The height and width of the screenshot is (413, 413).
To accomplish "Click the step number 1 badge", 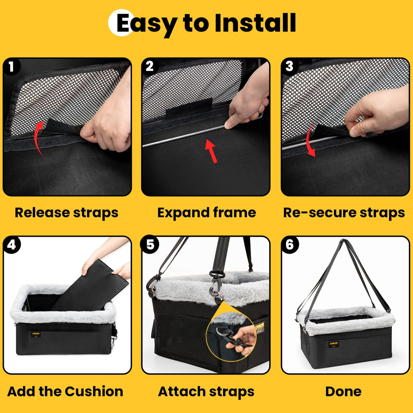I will [x=12, y=66].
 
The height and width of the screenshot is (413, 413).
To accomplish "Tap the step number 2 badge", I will [x=150, y=66].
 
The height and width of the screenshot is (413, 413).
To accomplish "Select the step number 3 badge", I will [x=289, y=66].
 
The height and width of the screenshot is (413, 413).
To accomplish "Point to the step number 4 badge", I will [x=12, y=245].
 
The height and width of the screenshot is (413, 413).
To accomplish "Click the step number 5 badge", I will [x=150, y=245].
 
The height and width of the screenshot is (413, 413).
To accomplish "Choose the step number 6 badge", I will [x=289, y=245].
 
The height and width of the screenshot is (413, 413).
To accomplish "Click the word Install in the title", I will [x=254, y=23].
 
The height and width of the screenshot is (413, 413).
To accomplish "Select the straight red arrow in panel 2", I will [x=211, y=151].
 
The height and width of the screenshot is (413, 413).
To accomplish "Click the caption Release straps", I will [x=66, y=213].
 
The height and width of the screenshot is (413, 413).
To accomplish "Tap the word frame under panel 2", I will [x=235, y=213].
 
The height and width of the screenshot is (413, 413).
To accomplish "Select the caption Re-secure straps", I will [x=344, y=213].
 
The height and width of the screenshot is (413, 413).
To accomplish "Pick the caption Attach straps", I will [x=206, y=391].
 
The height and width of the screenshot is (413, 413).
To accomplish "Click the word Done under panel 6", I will [x=344, y=391].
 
